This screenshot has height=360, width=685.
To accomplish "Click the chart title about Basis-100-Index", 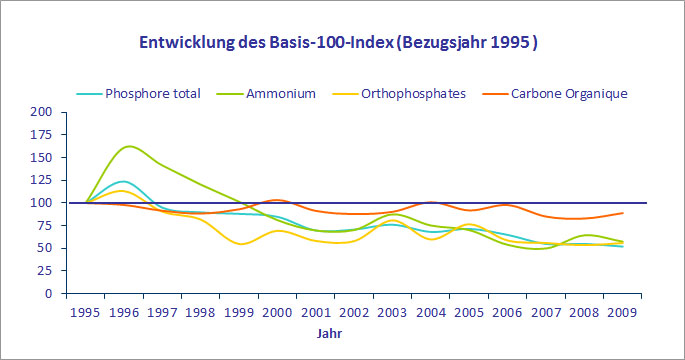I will [342, 44].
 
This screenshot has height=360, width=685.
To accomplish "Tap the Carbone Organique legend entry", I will [569, 93].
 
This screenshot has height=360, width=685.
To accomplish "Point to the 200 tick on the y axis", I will [42, 111].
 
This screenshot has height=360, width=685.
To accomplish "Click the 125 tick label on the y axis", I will [42, 180].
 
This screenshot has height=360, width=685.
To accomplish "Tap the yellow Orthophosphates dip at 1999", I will [241, 244].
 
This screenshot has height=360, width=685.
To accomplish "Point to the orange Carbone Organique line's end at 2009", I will [623, 212].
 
